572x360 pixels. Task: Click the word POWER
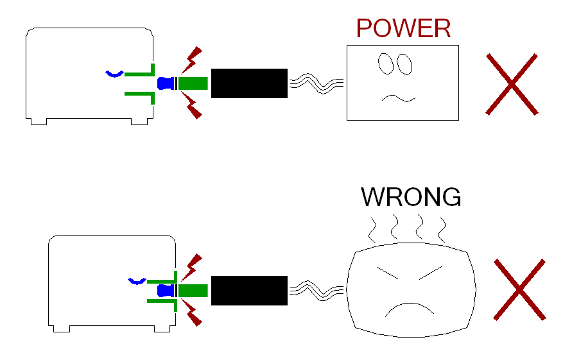tap(403, 29)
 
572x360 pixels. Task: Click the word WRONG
tap(411, 197)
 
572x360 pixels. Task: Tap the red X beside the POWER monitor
tap(511, 84)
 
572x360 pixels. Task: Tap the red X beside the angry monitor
tap(519, 289)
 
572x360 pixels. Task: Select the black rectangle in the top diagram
tap(249, 83)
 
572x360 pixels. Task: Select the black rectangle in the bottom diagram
tap(249, 291)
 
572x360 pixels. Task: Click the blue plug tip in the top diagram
tap(166, 83)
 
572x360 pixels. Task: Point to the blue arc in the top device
tap(114, 74)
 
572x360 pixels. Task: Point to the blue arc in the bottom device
tap(137, 281)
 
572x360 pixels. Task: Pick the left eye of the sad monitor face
tap(385, 62)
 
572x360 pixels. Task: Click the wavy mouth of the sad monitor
tap(398, 98)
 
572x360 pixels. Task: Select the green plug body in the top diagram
tap(193, 83)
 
